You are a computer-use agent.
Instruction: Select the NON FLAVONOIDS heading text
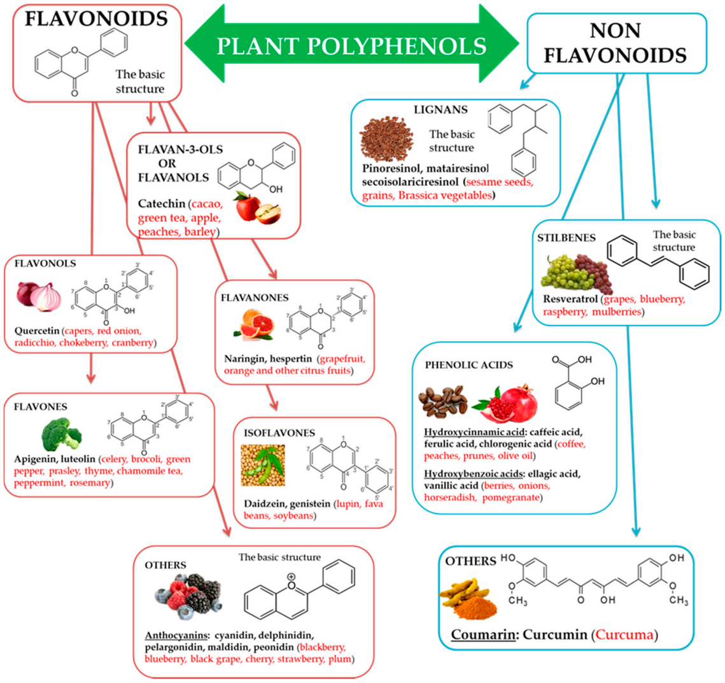[615, 42]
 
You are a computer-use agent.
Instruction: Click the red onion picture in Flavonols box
[39, 296]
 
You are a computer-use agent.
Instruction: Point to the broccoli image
[61, 434]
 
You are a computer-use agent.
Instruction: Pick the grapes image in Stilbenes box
[576, 272]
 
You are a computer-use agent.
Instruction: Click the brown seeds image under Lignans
[386, 138]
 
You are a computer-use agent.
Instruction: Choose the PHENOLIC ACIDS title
[468, 365]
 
